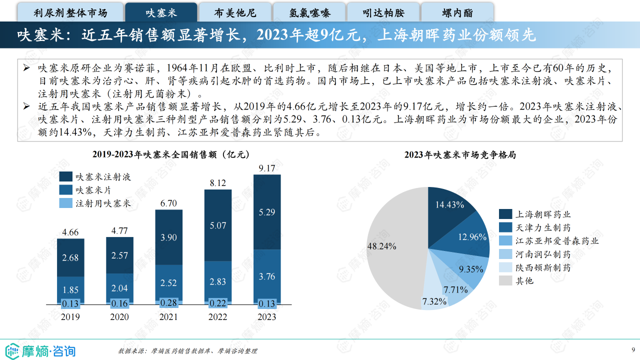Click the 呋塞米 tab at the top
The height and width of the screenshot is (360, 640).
coord(161,12)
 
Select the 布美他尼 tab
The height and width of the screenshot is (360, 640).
coord(235,12)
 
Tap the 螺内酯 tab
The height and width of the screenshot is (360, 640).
coord(457,12)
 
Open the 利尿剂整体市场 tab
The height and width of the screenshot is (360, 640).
coord(70,12)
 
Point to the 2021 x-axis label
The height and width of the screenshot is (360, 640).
coord(168,317)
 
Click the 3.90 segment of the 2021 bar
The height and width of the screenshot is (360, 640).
coord(168,237)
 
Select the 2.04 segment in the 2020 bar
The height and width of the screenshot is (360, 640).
coord(119,288)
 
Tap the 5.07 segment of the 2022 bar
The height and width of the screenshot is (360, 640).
coord(218,225)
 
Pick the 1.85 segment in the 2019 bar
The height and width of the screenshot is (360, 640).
coord(70,289)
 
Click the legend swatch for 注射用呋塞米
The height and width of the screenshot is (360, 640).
coord(66,203)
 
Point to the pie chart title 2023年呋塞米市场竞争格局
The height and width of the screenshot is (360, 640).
coord(460,155)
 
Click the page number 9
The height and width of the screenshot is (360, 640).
coord(633,349)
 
